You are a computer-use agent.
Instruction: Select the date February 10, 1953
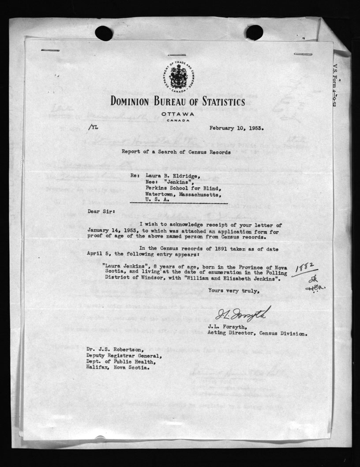pyautogui.click(x=237, y=129)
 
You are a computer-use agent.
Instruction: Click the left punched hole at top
pyautogui.click(x=104, y=33)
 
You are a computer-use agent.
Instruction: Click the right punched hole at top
pyautogui.click(x=255, y=32)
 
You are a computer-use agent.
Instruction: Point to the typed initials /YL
pyautogui.click(x=94, y=128)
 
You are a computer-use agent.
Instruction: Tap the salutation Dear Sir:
pyautogui.click(x=101, y=211)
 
